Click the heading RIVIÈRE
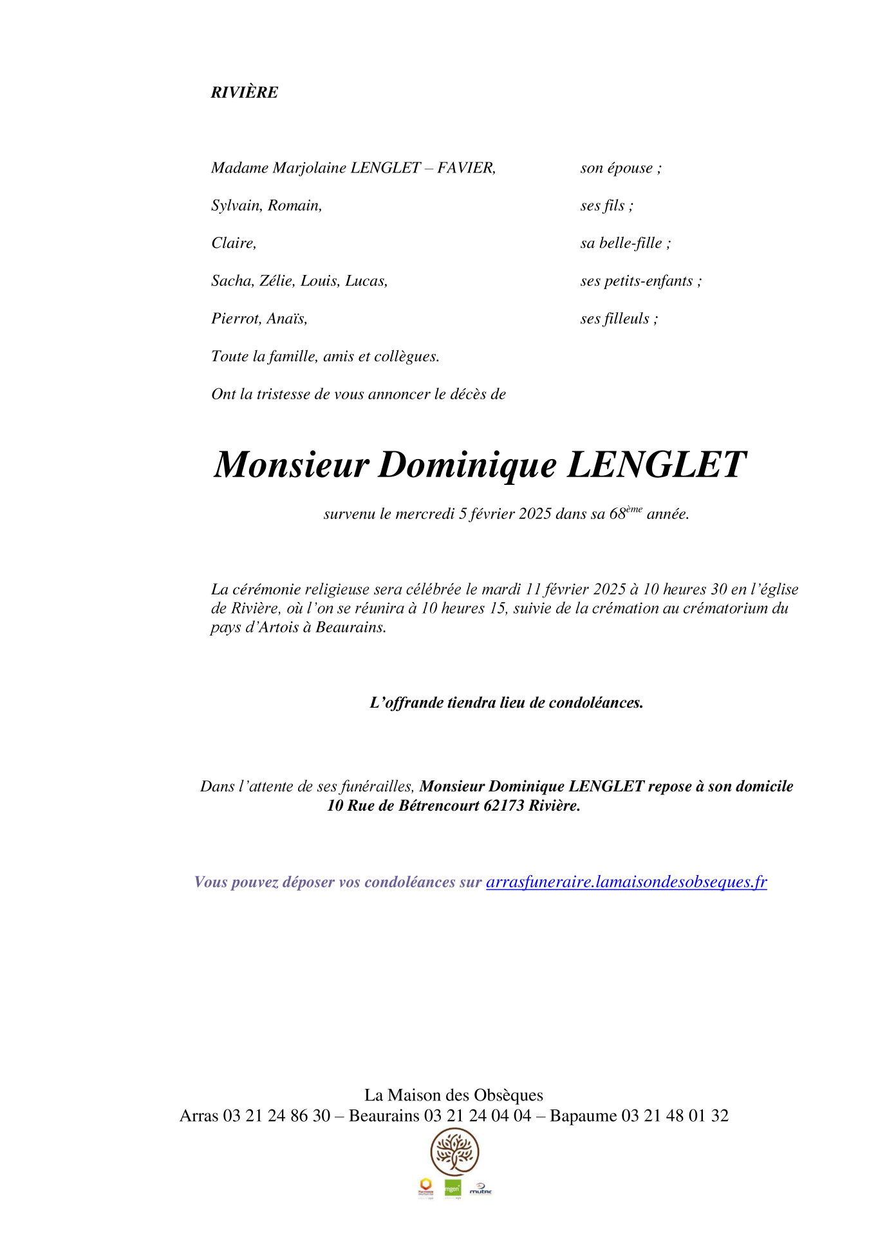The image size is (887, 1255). click(x=245, y=93)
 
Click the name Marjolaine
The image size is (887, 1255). click(x=309, y=168)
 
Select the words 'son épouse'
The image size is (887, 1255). click(x=617, y=168)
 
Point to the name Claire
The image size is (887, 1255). click(x=233, y=243)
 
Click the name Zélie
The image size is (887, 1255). click(x=277, y=281)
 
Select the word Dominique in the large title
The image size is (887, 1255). click(x=467, y=464)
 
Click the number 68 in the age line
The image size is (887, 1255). click(x=617, y=514)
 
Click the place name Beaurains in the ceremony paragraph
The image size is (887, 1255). click(x=350, y=627)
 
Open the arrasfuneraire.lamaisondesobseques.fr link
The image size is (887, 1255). click(x=626, y=882)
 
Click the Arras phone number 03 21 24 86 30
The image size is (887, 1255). click(x=277, y=1116)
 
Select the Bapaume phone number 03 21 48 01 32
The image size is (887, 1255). click(x=675, y=1116)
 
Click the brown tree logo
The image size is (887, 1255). click(x=454, y=1152)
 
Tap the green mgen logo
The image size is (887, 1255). click(x=453, y=1189)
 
